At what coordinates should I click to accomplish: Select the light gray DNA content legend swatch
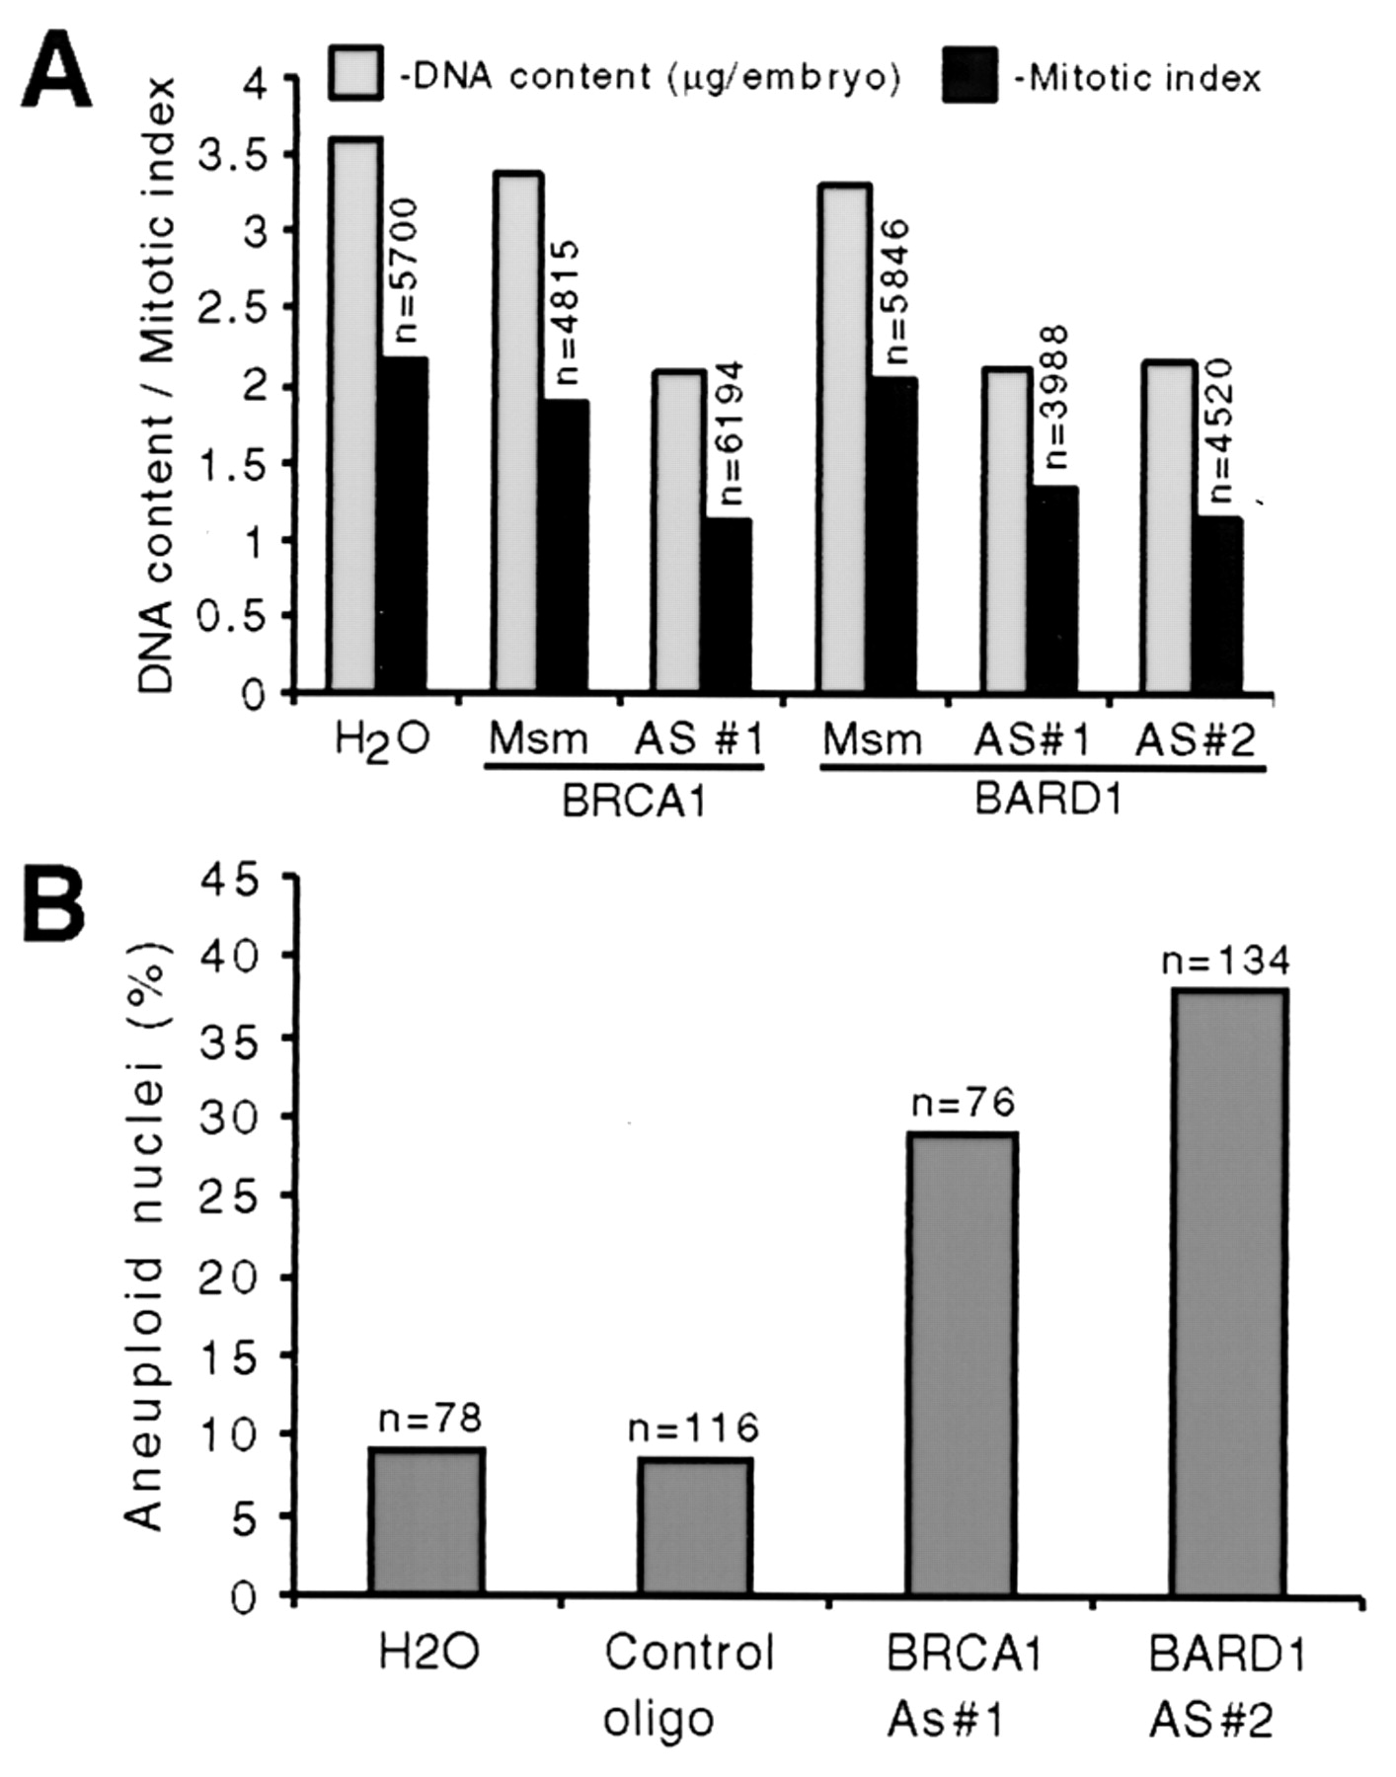pos(355,72)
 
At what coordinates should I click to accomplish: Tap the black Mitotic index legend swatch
pos(969,75)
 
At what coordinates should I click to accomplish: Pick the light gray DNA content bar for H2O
pos(353,415)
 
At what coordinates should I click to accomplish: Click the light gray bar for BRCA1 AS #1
pos(677,531)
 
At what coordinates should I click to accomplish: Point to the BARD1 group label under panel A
pos(1048,799)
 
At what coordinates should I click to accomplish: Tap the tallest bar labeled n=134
pos(1228,1292)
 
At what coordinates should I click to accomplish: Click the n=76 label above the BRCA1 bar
pos(963,1102)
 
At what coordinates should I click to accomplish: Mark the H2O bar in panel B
pos(427,1521)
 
